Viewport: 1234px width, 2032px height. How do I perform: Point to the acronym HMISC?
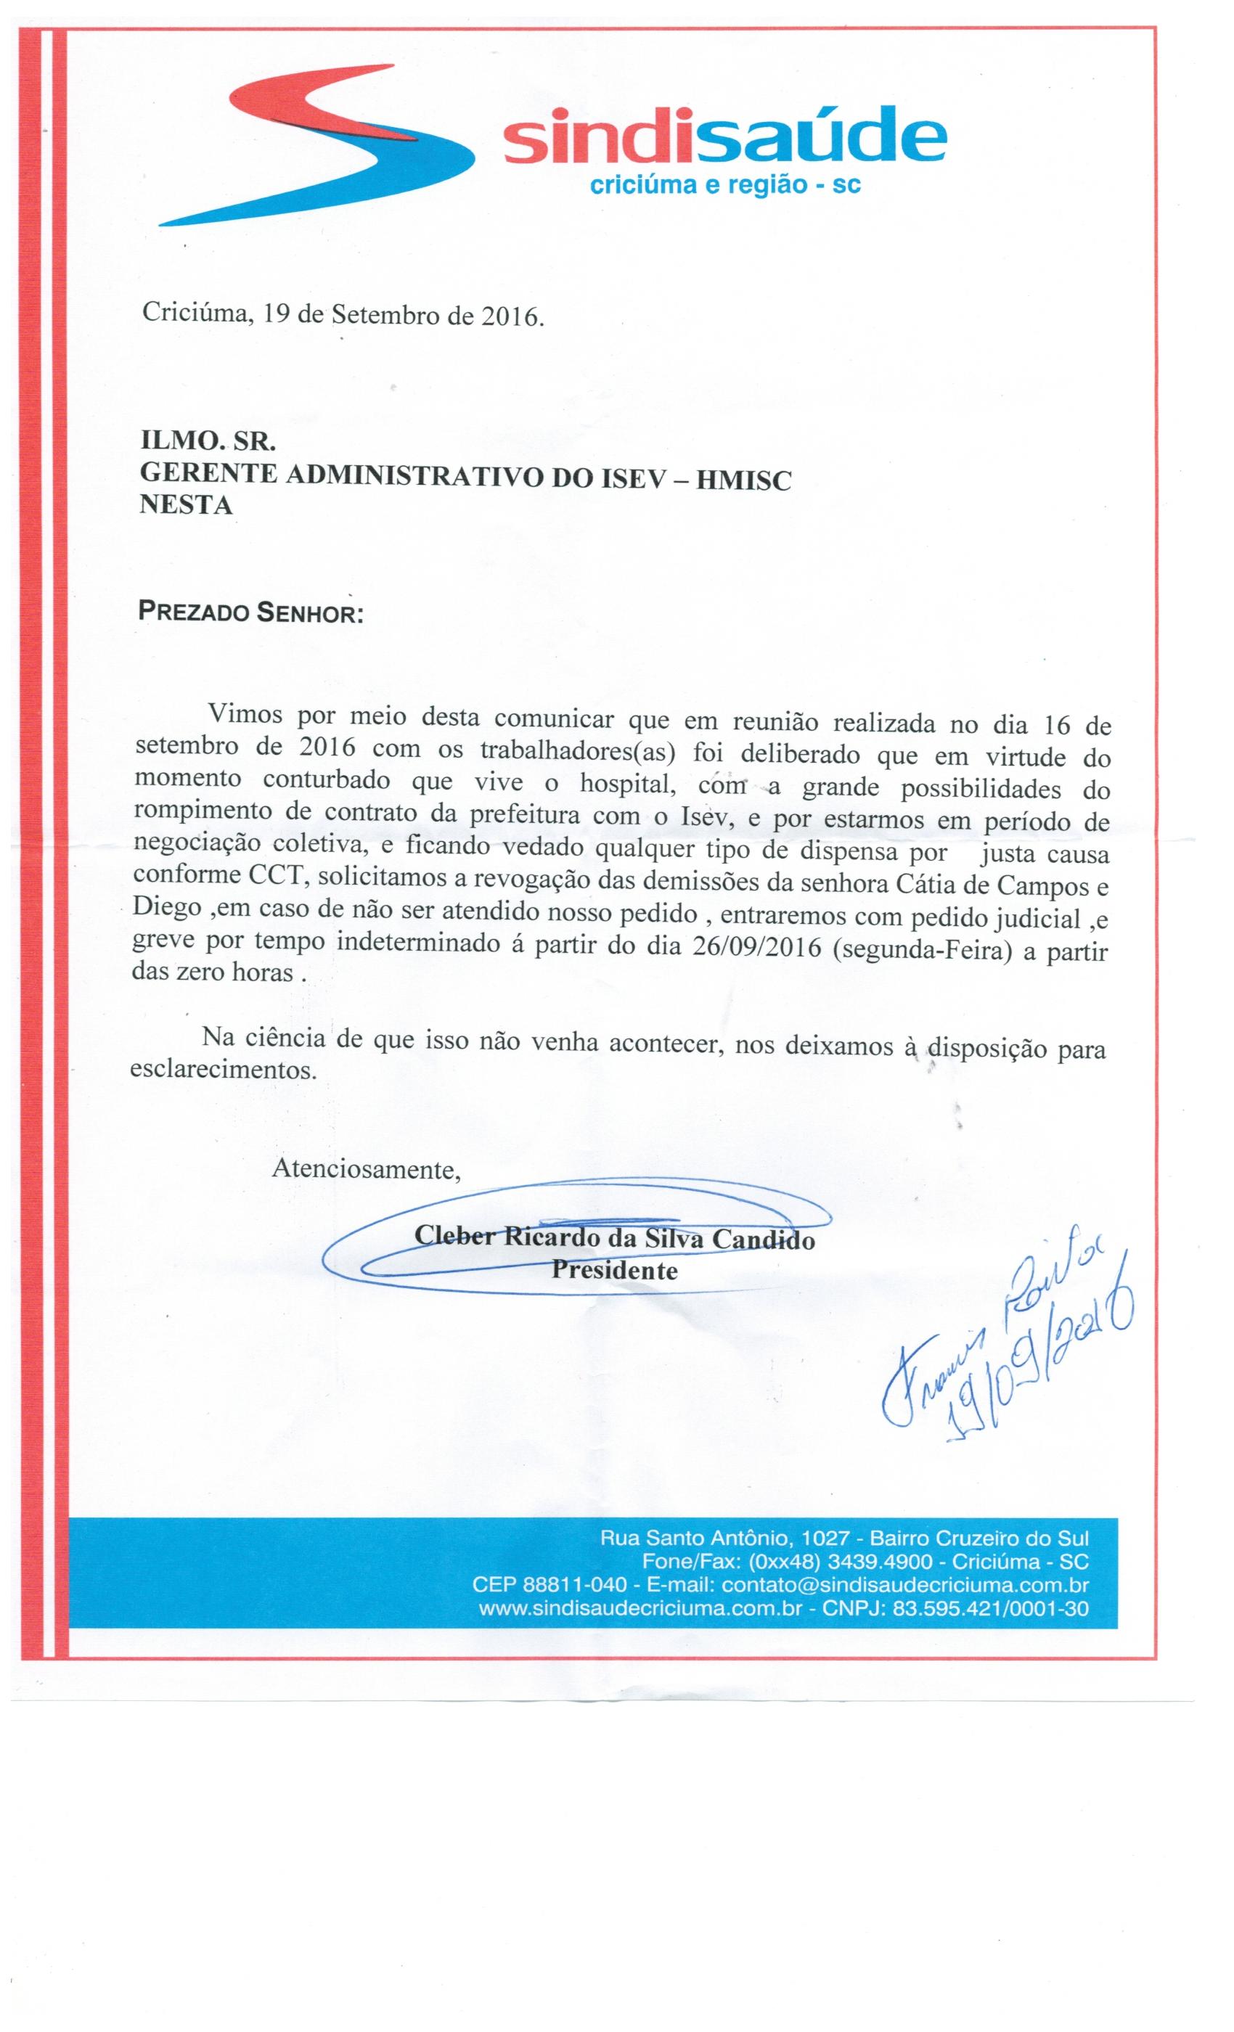coord(743,480)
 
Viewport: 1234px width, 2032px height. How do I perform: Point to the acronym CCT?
coord(279,877)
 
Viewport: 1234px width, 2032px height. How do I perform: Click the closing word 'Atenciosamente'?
coord(365,1169)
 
